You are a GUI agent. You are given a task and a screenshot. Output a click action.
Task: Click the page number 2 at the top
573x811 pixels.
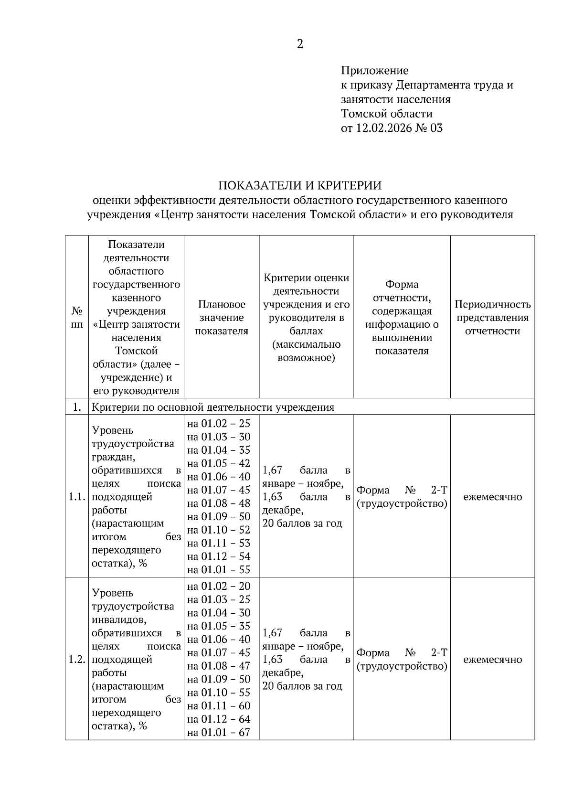300,44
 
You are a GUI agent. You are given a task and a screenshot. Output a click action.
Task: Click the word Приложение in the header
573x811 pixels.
374,71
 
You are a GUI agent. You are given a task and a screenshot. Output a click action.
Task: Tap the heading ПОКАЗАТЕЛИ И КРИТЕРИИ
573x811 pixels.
300,185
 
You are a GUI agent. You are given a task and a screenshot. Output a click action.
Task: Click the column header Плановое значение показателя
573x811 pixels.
222,318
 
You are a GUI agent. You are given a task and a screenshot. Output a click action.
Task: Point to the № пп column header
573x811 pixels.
77,318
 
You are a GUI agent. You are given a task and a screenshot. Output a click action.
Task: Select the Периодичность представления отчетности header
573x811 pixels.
492,318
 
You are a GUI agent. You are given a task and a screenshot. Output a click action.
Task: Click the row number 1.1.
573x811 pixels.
77,497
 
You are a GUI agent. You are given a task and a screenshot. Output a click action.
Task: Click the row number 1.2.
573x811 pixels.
77,660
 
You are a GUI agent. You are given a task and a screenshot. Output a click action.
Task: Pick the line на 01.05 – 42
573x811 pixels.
219,463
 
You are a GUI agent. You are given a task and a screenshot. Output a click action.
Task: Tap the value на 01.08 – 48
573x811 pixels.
219,503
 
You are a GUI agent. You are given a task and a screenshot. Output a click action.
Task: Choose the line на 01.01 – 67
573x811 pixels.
219,732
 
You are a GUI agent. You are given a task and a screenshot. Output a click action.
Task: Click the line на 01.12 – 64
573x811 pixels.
219,719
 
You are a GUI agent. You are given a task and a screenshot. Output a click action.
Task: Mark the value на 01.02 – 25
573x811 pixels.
219,424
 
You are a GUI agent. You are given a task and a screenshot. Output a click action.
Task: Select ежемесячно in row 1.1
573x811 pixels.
492,497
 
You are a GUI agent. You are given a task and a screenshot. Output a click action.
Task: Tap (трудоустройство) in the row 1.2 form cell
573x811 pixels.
402,666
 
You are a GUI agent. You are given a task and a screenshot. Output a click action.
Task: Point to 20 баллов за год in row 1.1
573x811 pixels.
302,523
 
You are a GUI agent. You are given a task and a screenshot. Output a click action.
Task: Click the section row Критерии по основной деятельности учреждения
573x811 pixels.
213,407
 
